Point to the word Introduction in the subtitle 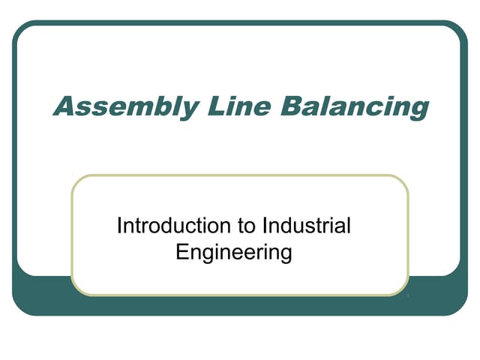(x=166, y=226)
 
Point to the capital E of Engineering (x=181, y=250)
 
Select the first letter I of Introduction (x=119, y=225)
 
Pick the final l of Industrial (x=349, y=225)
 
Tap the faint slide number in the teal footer (x=406, y=299)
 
